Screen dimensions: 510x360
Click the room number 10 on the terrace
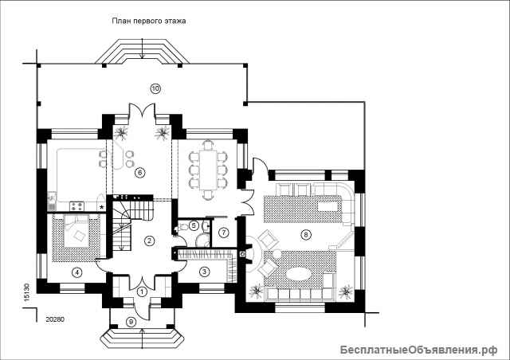[x=155, y=88]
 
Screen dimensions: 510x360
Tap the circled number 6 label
[x=140, y=173]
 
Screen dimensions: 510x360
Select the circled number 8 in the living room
[x=305, y=234]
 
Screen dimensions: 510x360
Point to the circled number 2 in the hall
[x=149, y=241]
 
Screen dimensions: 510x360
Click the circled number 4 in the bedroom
[x=76, y=272]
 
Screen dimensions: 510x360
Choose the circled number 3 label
[x=204, y=272]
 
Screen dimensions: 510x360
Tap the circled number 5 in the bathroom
[x=194, y=225]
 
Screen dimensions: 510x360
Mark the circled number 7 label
[x=224, y=233]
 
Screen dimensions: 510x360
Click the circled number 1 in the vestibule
[x=141, y=292]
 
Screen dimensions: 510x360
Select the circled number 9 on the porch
[x=131, y=322]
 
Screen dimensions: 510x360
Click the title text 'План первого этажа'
[x=149, y=22]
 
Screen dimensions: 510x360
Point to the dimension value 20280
[x=55, y=319]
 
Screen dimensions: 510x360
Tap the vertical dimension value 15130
[x=27, y=292]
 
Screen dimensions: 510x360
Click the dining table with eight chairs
[x=208, y=170]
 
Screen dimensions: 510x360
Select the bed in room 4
[x=76, y=231]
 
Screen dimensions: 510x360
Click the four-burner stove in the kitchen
[x=77, y=206]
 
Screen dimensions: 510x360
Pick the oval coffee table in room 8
[x=299, y=274]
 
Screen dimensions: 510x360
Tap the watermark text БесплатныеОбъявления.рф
[x=419, y=350]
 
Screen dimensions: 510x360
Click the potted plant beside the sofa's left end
[x=257, y=291]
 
